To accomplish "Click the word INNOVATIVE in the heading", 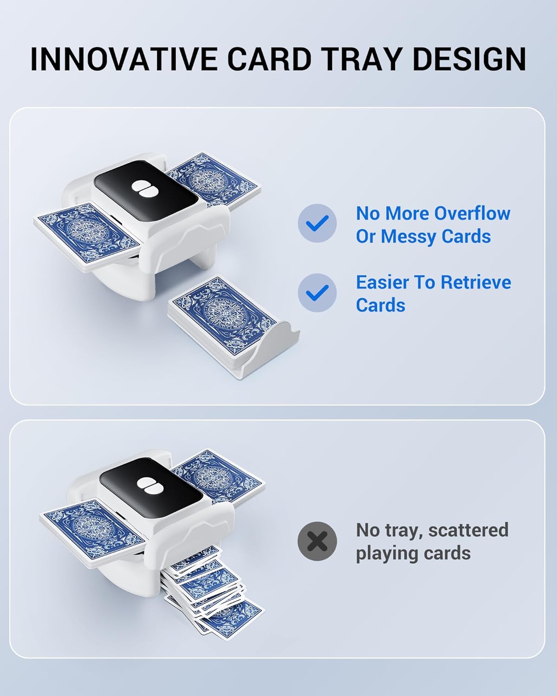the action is click(124, 59).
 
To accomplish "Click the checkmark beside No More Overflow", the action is click(317, 223).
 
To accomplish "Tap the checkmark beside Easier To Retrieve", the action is click(317, 293).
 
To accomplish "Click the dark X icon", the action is click(317, 541).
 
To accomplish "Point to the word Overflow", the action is click(472, 213).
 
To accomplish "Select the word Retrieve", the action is click(476, 283).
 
